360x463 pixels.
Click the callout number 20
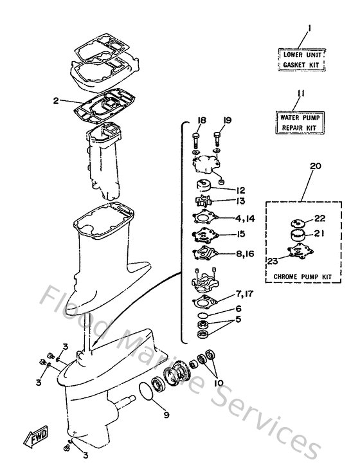tap(314, 166)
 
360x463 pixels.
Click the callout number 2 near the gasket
tap(56, 100)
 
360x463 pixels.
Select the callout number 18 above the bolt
tap(201, 120)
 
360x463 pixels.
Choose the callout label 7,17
tap(245, 295)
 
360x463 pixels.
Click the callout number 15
tap(240, 235)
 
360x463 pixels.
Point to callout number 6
tap(239, 309)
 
